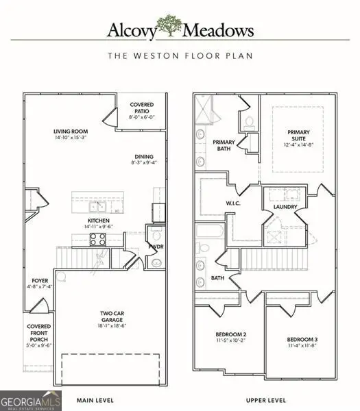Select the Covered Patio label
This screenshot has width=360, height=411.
(x=142, y=110)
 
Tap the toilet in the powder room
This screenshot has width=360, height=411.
(x=156, y=262)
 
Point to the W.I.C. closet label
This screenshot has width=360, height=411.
(x=231, y=203)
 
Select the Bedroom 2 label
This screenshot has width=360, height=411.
(x=230, y=338)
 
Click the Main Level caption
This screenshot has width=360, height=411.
(x=95, y=399)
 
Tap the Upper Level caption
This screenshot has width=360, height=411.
(x=265, y=399)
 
